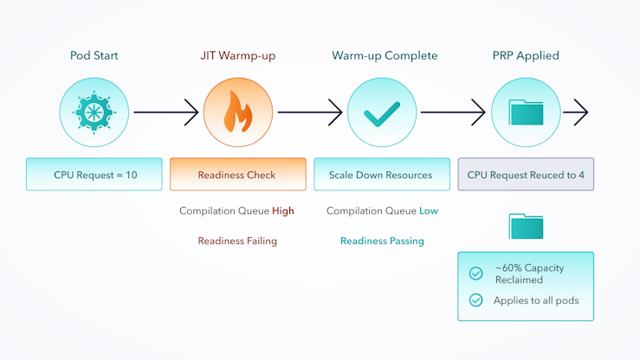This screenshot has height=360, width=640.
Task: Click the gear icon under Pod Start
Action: click(x=94, y=112)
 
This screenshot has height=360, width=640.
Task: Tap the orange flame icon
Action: click(x=238, y=112)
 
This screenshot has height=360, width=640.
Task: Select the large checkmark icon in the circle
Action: click(x=382, y=113)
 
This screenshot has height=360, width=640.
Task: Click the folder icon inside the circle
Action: click(x=526, y=112)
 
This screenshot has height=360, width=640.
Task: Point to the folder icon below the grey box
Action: click(x=526, y=226)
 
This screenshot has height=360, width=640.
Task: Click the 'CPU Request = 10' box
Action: click(x=94, y=175)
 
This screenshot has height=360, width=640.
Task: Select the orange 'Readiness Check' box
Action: click(x=238, y=175)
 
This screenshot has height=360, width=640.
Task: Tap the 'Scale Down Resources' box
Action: click(x=382, y=175)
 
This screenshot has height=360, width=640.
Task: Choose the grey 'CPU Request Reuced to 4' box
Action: click(x=526, y=175)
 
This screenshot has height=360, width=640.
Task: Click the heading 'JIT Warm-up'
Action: click(x=238, y=55)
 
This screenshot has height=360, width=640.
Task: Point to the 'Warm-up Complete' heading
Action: click(x=385, y=55)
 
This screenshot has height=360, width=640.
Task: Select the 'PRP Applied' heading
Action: click(x=526, y=55)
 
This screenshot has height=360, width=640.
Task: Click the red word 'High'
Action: click(x=283, y=211)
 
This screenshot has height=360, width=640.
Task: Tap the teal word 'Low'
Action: click(x=429, y=211)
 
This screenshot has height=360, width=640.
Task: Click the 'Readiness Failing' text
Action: click(x=237, y=241)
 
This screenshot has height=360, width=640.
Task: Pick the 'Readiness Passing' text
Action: click(x=382, y=241)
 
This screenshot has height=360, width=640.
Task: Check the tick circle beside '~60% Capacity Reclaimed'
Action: click(x=476, y=273)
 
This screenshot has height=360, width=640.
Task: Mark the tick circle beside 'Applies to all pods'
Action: click(x=476, y=300)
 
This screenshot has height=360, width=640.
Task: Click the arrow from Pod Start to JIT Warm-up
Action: click(x=166, y=112)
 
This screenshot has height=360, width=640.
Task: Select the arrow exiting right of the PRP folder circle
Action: click(x=576, y=112)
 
